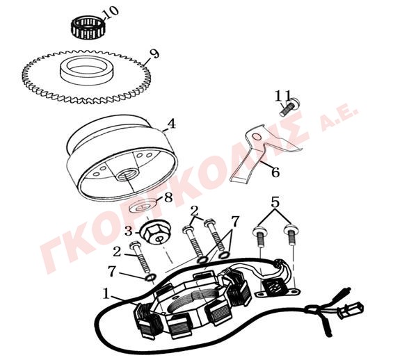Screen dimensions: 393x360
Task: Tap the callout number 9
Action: coord(154,54)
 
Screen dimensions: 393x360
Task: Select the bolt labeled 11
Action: coord(289,107)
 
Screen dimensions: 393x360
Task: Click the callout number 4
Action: coord(171,124)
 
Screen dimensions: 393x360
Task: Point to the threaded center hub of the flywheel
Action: coord(127,173)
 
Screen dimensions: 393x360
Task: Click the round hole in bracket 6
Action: coord(257,137)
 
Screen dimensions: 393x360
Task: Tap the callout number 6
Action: coord(275,172)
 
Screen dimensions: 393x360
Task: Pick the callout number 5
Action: coord(275,202)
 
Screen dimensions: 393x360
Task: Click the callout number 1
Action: coord(106,293)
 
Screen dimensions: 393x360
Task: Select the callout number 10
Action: coord(111,13)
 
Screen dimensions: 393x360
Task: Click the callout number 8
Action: coord(168,198)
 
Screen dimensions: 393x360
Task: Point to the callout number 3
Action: coord(128,231)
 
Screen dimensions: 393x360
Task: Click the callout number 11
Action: coord(283,96)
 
